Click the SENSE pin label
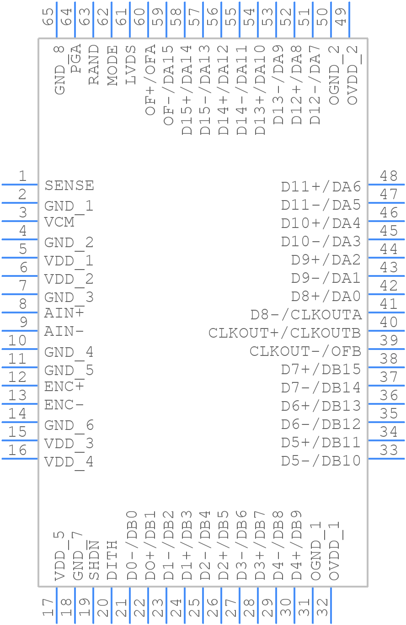click(x=69, y=185)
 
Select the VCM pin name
click(x=59, y=222)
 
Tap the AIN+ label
click(x=64, y=313)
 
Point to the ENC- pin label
click(x=64, y=405)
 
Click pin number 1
click(x=22, y=176)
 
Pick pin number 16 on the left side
click(x=17, y=450)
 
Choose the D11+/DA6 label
click(x=321, y=187)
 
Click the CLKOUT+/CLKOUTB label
click(x=284, y=333)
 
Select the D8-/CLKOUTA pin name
click(x=306, y=315)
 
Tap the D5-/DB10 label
click(x=321, y=461)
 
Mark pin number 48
click(x=389, y=176)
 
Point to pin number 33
click(x=389, y=450)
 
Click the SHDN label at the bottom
click(x=94, y=560)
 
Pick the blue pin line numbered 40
click(x=386, y=330)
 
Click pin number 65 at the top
click(x=48, y=17)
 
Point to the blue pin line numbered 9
click(x=20, y=330)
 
